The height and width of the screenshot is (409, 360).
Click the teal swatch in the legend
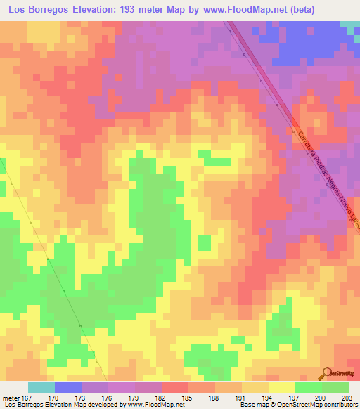pyautogui.click(x=41, y=387)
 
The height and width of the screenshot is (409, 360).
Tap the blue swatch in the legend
pyautogui.click(x=67, y=387)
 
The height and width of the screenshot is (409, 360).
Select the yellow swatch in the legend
pyautogui.click(x=281, y=387)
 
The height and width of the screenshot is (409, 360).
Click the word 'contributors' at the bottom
pyautogui.click(x=342, y=405)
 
